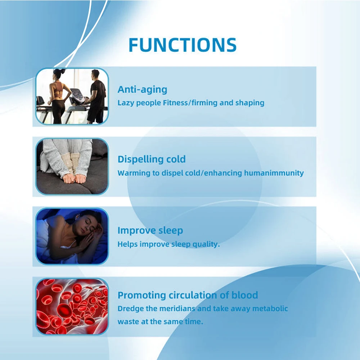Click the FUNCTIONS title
click(183, 45)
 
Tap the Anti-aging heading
click(142, 90)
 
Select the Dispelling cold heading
click(152, 159)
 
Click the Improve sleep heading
click(150, 230)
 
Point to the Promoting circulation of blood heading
click(188, 295)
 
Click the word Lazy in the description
click(126, 103)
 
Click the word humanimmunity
click(274, 173)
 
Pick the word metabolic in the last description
click(270, 309)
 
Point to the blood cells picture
click(72, 306)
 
